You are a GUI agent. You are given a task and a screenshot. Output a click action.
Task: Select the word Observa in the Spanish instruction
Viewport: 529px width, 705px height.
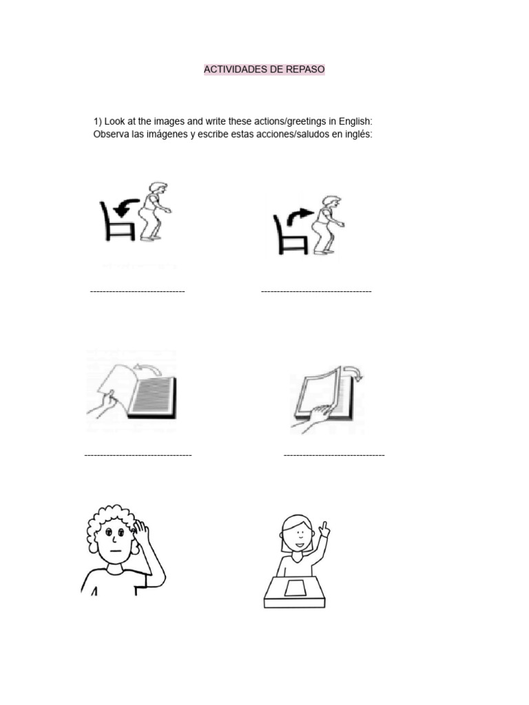tap(111, 134)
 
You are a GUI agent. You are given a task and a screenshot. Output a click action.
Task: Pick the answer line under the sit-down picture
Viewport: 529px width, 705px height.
tap(137, 292)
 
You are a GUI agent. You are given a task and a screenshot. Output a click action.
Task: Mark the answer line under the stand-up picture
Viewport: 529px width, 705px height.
tap(316, 292)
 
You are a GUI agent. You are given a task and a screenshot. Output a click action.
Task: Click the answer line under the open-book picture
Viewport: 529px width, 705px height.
tap(138, 455)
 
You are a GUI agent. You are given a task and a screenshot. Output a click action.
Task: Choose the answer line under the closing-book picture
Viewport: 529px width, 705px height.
tap(334, 455)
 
